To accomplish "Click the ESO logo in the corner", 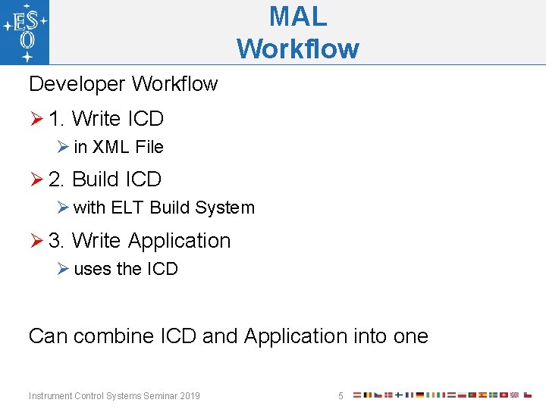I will (x=25, y=32).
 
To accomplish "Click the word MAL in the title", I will (x=298, y=15).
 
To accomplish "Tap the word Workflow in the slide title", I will (x=298, y=48).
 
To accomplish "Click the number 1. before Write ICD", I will (x=57, y=119).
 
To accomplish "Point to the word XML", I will (x=111, y=147).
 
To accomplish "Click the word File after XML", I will (x=149, y=147).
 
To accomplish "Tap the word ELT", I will (x=127, y=208).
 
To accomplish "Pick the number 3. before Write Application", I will (x=57, y=241).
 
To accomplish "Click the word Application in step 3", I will (x=179, y=241).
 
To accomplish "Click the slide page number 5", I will (x=340, y=395).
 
